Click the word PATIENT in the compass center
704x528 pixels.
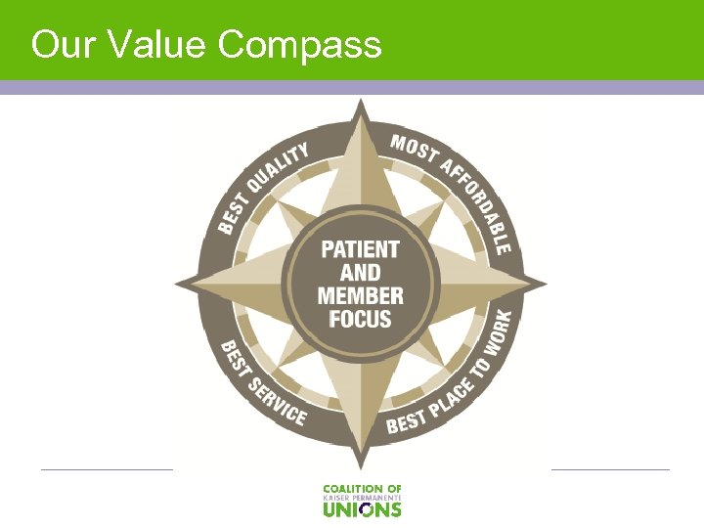[360, 249]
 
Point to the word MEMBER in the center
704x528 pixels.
[360, 295]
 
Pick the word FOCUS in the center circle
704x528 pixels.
[360, 319]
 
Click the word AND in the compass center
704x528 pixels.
[360, 273]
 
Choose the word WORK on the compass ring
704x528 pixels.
[500, 338]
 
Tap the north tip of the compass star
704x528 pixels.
[360, 102]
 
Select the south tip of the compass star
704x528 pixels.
[360, 467]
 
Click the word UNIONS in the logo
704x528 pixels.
[362, 509]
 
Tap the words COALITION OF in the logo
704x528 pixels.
[362, 488]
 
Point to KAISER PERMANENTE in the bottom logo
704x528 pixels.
[362, 498]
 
